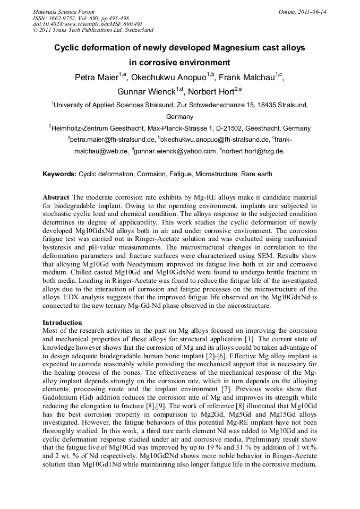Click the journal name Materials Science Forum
(x=64, y=12)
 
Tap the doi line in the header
(x=88, y=24)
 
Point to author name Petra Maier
(x=96, y=77)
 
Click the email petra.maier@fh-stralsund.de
(x=112, y=140)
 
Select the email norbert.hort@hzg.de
(x=253, y=151)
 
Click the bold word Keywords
(x=59, y=174)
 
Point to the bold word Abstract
(x=56, y=197)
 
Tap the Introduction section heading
(x=62, y=323)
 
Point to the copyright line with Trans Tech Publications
(x=93, y=31)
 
